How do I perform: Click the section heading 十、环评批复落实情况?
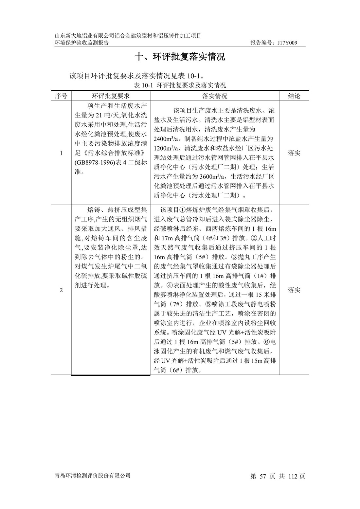[x=180, y=57]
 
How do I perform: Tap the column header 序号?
[x=61, y=96]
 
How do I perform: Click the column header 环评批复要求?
[x=111, y=96]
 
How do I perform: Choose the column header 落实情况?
[x=215, y=96]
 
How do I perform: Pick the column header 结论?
[x=294, y=96]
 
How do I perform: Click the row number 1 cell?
[x=61, y=153]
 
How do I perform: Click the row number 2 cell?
[x=61, y=290]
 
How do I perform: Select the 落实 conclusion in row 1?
[x=294, y=153]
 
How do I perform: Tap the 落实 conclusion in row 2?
[x=294, y=290]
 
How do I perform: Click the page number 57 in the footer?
[x=263, y=476]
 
